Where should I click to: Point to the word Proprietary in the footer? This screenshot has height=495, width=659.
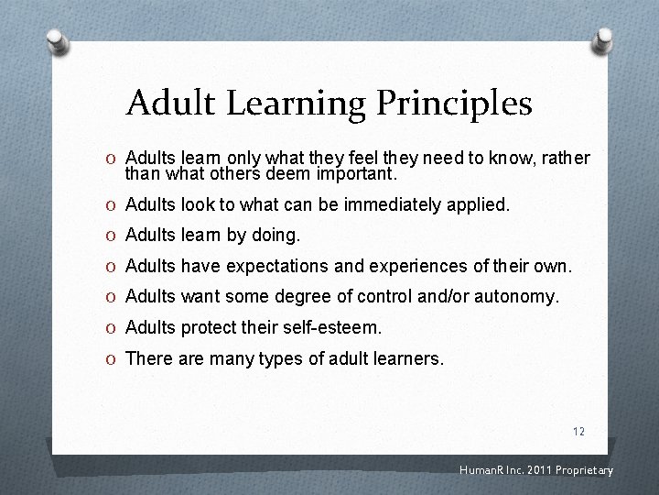click(x=581, y=471)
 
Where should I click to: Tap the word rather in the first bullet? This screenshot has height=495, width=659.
click(x=567, y=158)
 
